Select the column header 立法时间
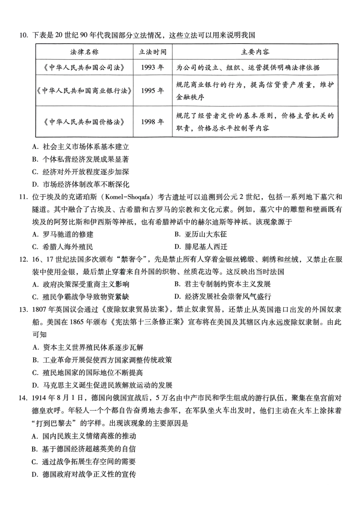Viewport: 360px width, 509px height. point(152,52)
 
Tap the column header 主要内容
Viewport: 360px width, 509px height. point(255,52)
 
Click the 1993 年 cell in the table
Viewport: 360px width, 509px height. point(152,67)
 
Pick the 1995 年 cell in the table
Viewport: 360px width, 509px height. point(152,91)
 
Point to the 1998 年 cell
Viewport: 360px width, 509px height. point(152,122)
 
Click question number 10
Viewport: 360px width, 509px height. point(23,36)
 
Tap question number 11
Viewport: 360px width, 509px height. point(23,197)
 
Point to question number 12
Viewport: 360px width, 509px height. point(23,260)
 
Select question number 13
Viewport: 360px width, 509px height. point(23,310)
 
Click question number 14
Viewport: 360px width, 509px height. point(23,398)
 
